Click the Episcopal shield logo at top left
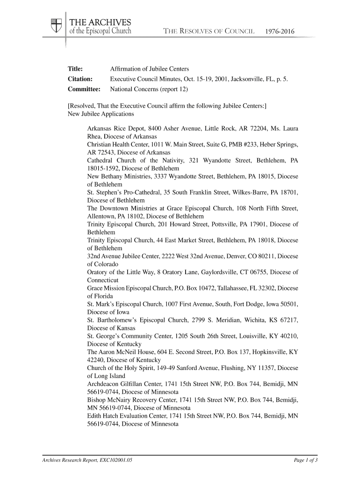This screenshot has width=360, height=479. coord(57,26)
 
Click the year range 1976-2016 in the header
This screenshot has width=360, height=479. coord(280,32)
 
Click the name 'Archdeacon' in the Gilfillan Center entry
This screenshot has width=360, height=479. coord(104,385)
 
